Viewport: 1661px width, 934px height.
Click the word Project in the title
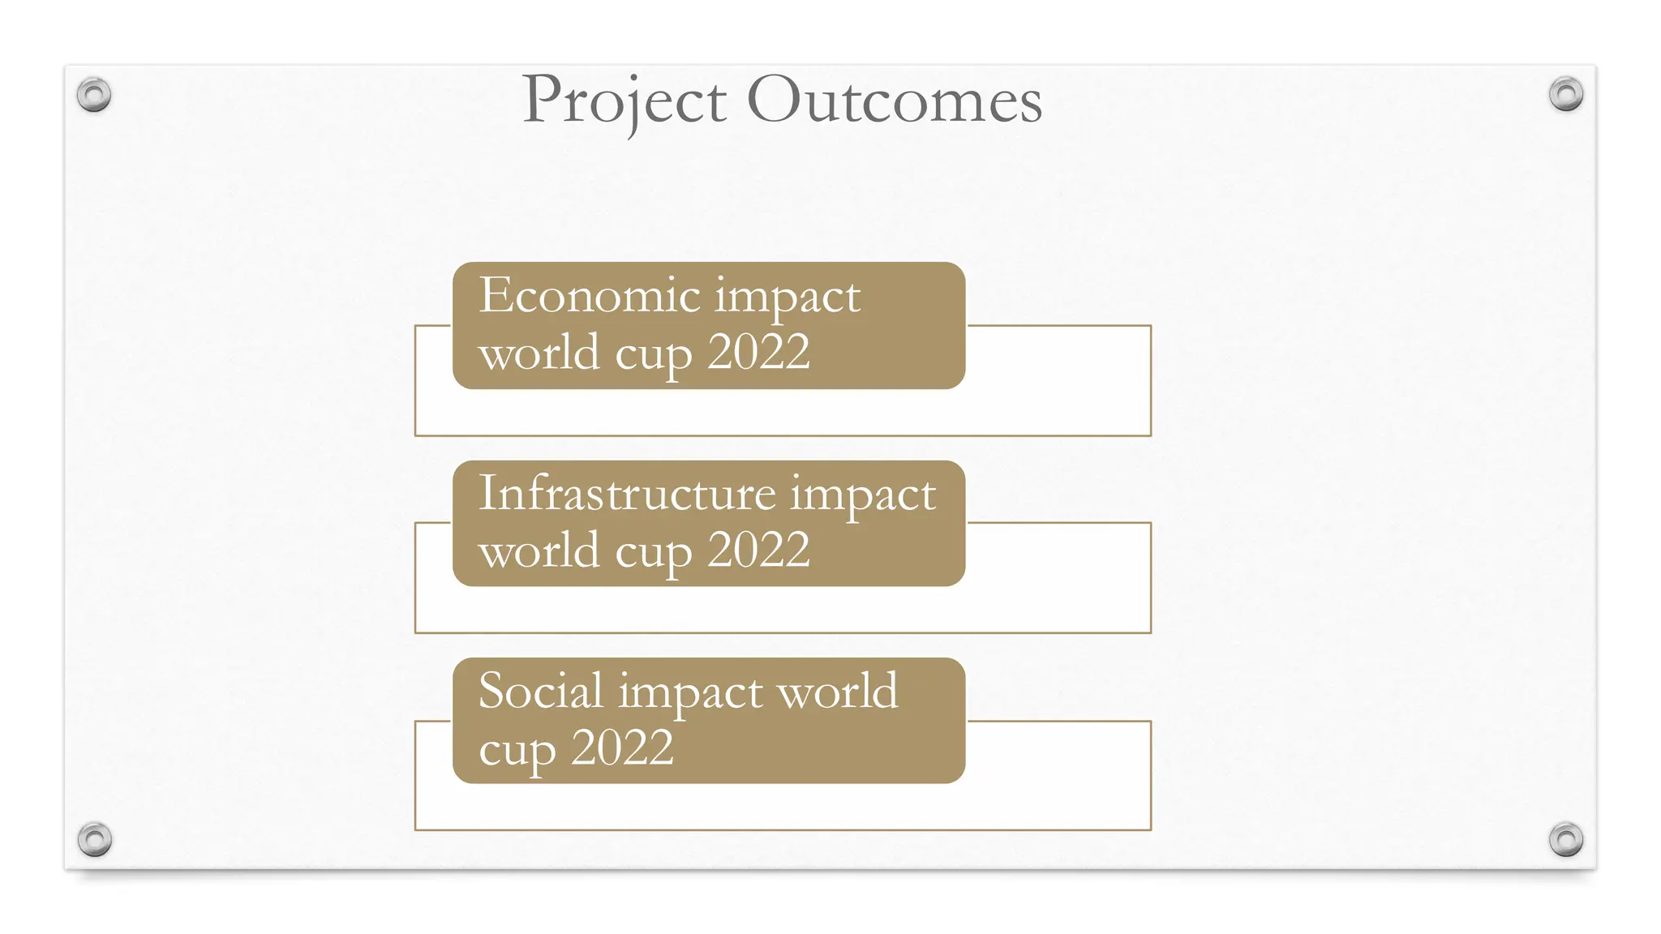point(624,101)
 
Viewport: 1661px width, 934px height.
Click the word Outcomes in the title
point(894,101)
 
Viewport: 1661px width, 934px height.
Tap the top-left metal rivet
point(94,95)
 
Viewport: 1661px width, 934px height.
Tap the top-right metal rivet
point(1565,94)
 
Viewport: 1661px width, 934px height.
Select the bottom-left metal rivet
point(95,838)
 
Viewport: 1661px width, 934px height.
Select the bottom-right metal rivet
point(1565,838)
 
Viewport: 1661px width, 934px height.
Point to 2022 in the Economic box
point(758,353)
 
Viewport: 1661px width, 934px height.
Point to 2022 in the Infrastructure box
point(758,551)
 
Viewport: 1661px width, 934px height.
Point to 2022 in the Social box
point(622,748)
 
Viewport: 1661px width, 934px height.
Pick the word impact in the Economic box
point(787,298)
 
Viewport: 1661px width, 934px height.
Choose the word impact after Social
point(690,693)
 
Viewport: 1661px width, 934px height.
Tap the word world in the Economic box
point(539,353)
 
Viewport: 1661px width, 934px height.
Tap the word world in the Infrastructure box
point(539,551)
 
